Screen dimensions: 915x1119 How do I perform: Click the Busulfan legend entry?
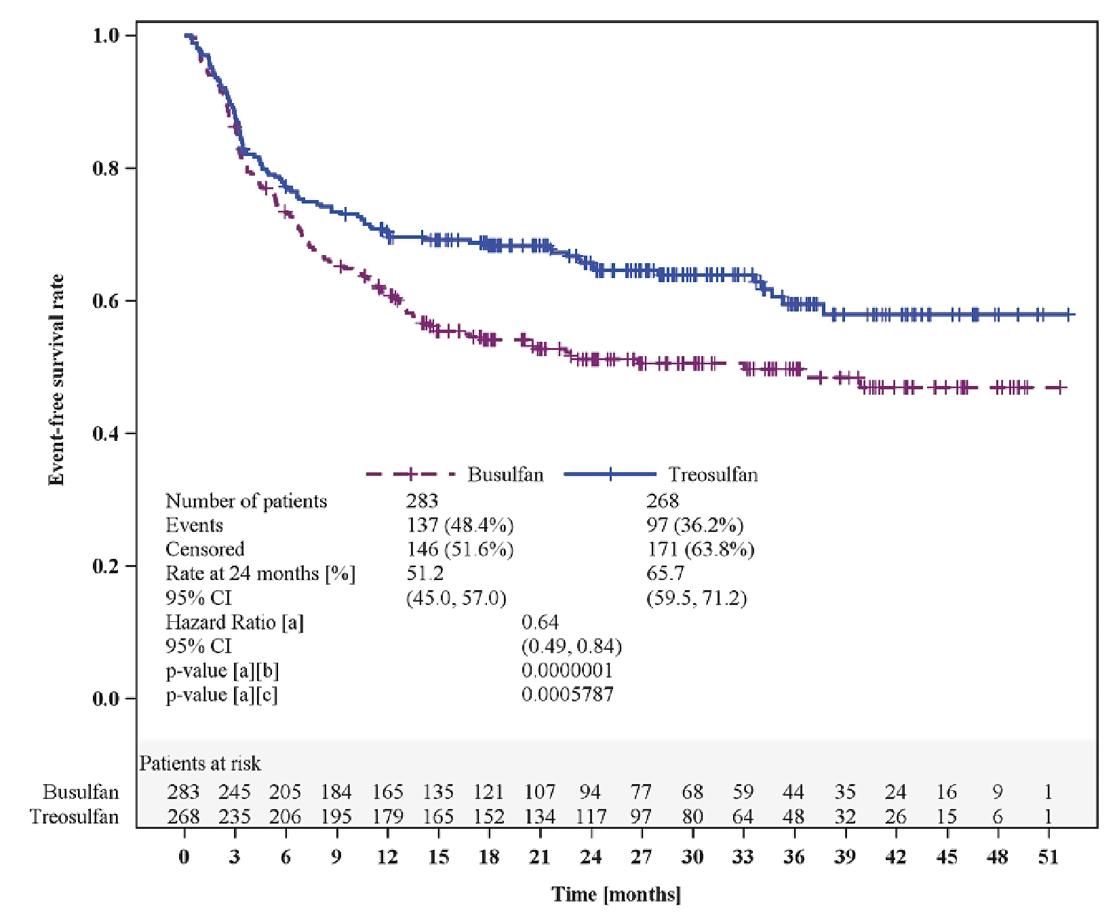tap(505, 474)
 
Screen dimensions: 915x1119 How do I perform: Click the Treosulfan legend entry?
tap(712, 474)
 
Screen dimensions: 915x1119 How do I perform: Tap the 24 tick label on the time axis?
tap(590, 857)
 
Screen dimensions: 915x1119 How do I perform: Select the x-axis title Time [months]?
tap(616, 894)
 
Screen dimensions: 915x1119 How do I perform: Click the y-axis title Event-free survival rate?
tap(57, 380)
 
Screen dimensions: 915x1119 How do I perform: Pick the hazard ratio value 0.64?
tap(540, 622)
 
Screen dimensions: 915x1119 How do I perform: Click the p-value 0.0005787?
tap(567, 695)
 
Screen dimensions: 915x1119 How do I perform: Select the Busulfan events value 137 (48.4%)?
tap(459, 525)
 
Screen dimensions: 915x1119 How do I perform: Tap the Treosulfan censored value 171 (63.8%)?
tap(700, 549)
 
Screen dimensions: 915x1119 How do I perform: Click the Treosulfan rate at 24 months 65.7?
tap(665, 573)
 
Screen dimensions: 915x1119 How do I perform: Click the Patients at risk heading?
tap(200, 764)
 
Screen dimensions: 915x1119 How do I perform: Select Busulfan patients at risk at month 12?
tap(387, 792)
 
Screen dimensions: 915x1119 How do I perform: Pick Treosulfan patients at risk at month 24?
tap(590, 817)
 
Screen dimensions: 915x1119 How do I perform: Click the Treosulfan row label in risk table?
tap(75, 817)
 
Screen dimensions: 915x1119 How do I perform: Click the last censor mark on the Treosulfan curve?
tap(1068, 314)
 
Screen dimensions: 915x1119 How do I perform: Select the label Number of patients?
tap(246, 501)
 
